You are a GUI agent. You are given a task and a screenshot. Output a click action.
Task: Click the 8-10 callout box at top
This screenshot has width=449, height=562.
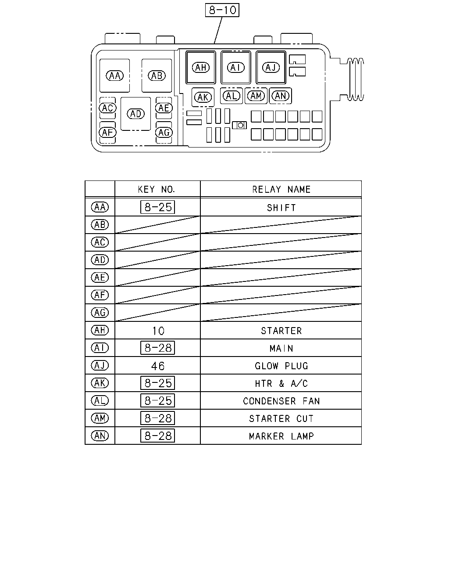pyautogui.click(x=222, y=10)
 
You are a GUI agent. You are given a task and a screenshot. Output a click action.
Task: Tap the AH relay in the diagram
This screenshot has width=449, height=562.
pyautogui.click(x=201, y=67)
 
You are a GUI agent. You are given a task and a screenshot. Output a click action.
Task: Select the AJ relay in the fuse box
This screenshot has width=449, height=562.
pyautogui.click(x=271, y=67)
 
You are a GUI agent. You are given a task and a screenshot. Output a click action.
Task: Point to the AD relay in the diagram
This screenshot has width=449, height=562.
pyautogui.click(x=135, y=114)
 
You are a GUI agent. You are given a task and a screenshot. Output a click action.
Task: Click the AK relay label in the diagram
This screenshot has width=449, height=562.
pyautogui.click(x=203, y=97)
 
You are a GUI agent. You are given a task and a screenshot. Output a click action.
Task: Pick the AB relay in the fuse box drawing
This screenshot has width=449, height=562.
pyautogui.click(x=157, y=76)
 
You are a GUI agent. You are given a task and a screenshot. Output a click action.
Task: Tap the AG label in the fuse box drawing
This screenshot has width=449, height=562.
pyautogui.click(x=164, y=133)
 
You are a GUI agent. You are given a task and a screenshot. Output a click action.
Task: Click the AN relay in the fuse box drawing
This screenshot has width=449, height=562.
pyautogui.click(x=281, y=96)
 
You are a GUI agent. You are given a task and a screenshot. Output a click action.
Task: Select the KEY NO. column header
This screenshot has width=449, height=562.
pyautogui.click(x=156, y=189)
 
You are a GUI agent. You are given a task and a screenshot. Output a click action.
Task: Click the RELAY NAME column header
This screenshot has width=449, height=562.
pyautogui.click(x=281, y=189)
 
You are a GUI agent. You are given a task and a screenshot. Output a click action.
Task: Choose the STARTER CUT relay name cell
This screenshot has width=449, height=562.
pyautogui.click(x=281, y=418)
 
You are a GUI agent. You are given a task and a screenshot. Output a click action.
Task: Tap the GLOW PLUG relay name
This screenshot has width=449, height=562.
pyautogui.click(x=281, y=366)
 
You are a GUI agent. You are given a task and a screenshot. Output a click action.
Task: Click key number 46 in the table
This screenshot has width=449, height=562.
pyautogui.click(x=158, y=366)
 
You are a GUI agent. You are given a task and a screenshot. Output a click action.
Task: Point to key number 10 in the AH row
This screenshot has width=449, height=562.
pyautogui.click(x=158, y=331)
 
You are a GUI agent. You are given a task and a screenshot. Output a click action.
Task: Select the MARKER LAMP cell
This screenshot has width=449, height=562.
pyautogui.click(x=281, y=436)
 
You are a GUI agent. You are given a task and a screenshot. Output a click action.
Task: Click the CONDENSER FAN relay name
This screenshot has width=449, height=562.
pyautogui.click(x=281, y=401)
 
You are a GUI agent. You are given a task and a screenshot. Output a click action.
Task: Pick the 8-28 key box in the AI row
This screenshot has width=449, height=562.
pyautogui.click(x=157, y=348)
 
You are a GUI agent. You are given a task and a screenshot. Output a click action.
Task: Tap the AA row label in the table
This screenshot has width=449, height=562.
pyautogui.click(x=100, y=207)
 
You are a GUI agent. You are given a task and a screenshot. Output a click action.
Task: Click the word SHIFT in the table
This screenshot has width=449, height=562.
pyautogui.click(x=281, y=208)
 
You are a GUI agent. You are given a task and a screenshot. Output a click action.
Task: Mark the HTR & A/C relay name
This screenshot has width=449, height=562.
pyautogui.click(x=281, y=383)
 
